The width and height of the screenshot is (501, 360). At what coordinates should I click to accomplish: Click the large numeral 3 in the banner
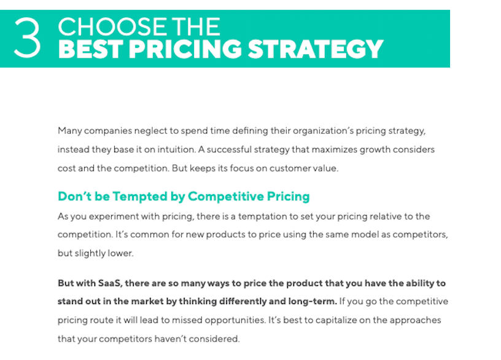tap(28, 38)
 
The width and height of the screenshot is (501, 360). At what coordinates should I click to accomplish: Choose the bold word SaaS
tap(110, 283)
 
